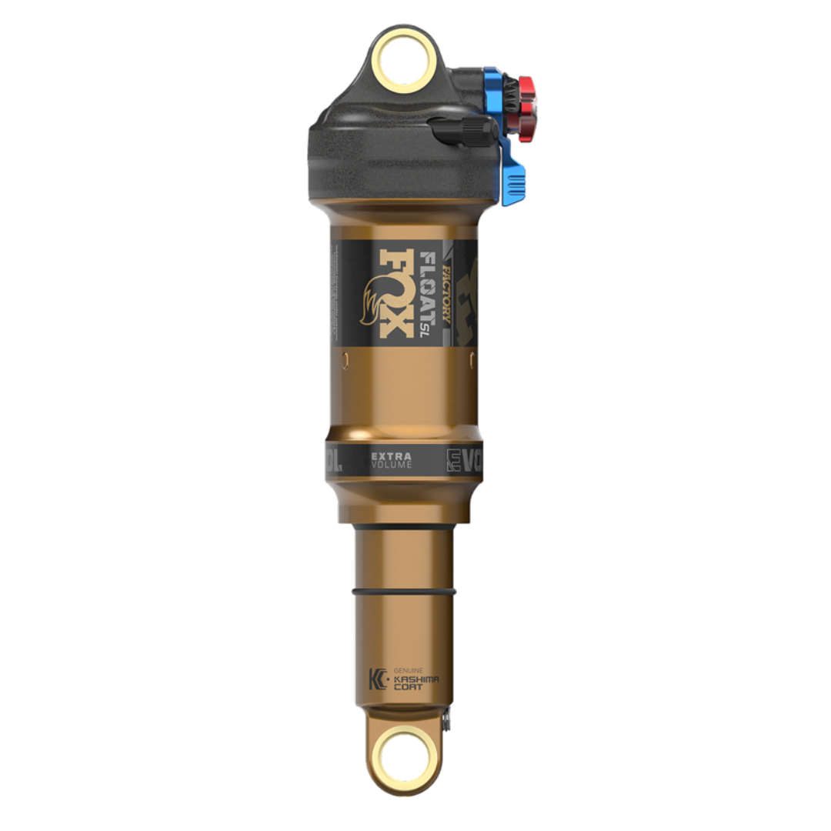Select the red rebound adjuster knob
click(526, 108)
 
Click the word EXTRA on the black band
click(391, 456)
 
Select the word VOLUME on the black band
click(391, 466)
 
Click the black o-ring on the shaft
click(404, 592)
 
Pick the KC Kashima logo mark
click(379, 679)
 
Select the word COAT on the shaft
click(408, 688)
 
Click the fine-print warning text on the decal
click(337, 292)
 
